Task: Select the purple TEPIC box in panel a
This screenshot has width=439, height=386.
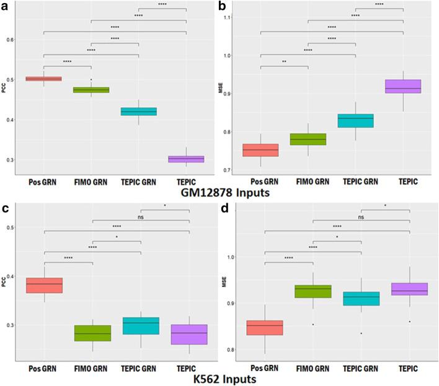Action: point(186,159)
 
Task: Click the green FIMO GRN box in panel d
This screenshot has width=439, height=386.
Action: point(313,291)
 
